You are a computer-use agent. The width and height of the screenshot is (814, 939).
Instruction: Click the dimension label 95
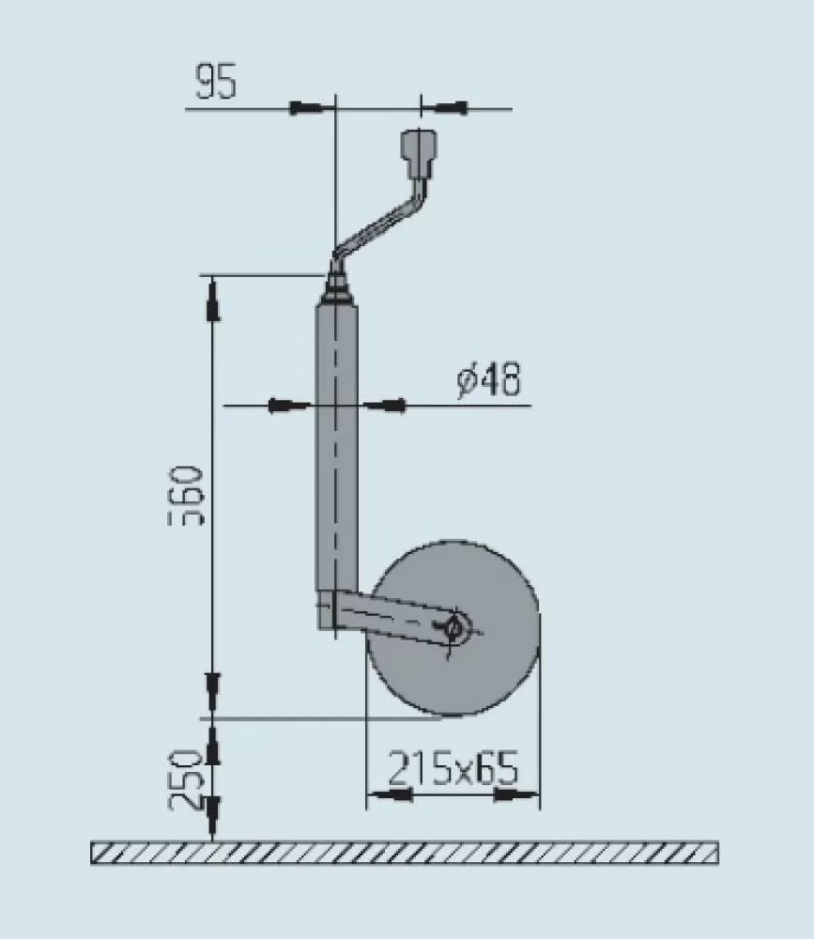(x=216, y=83)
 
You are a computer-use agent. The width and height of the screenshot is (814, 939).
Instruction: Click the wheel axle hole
(x=455, y=626)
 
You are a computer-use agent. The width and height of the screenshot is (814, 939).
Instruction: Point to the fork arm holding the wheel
(x=394, y=616)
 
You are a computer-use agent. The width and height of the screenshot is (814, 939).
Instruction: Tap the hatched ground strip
(x=404, y=852)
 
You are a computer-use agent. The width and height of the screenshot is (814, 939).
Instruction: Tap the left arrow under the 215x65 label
(x=390, y=796)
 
